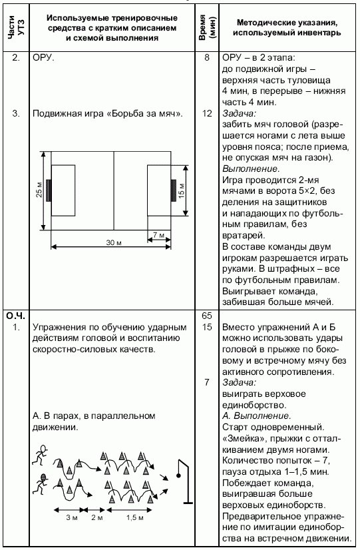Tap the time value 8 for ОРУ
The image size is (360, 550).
208,58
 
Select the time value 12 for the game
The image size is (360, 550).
207,114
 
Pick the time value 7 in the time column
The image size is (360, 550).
208,383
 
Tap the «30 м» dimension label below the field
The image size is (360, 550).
115,244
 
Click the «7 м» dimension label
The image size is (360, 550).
158,235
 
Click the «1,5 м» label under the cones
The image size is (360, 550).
135,517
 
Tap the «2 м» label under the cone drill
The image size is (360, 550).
96,517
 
